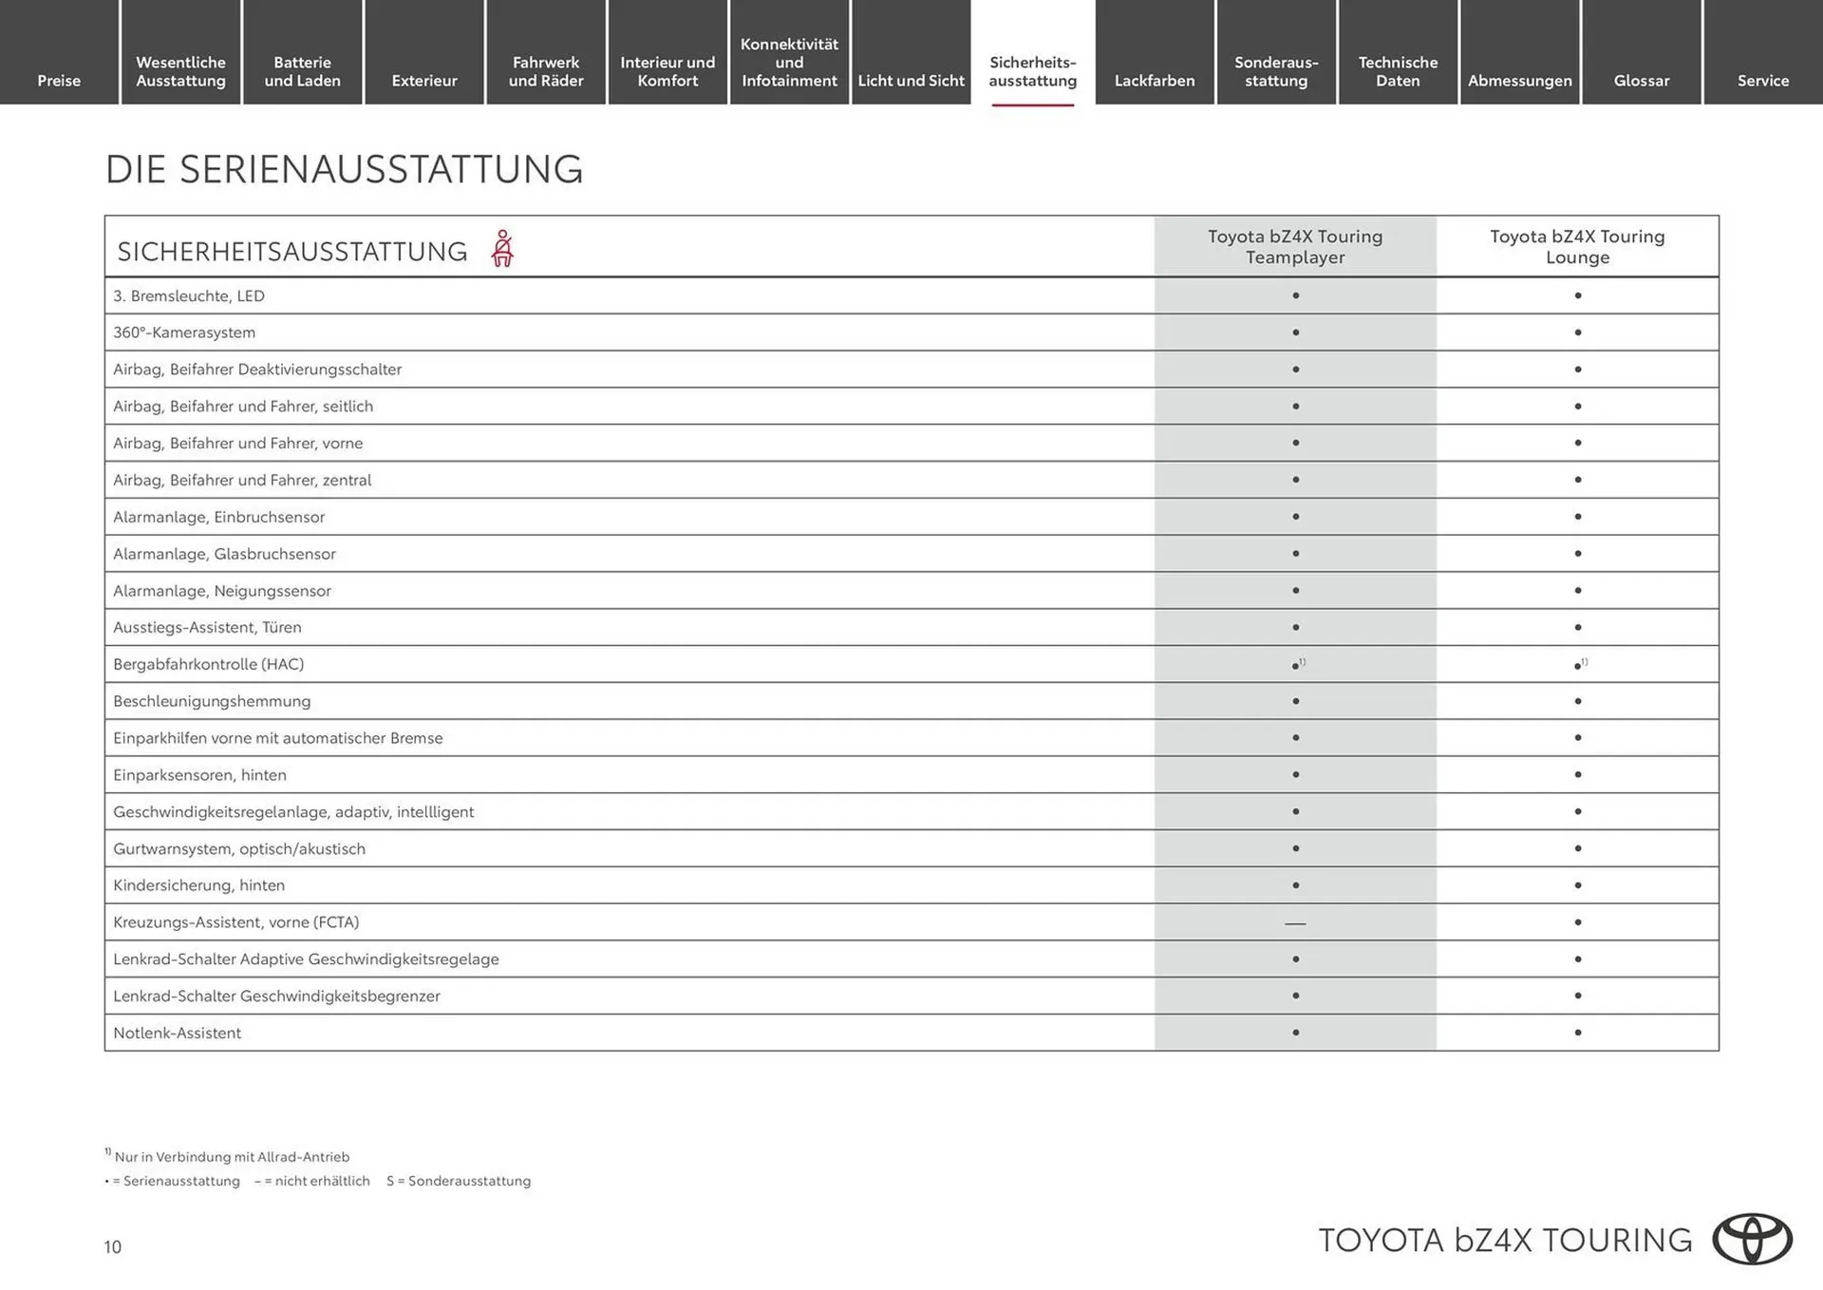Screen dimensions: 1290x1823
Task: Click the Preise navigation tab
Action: coord(59,81)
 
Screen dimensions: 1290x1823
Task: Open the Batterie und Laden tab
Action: coord(302,71)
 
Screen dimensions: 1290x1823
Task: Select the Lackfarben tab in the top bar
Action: coord(1154,81)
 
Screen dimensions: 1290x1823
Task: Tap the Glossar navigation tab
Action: coord(1641,81)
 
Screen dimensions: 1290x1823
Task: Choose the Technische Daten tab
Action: coord(1398,71)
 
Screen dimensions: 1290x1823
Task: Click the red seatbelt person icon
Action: coord(502,249)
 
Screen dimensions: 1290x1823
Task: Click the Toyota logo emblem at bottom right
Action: coord(1752,1239)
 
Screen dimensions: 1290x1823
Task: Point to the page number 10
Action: coord(113,1247)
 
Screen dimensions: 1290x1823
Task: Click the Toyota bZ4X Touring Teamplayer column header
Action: coord(1294,247)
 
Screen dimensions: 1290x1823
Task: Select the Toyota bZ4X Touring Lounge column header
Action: coord(1576,247)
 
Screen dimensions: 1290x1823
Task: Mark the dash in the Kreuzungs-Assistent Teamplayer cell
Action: coord(1295,923)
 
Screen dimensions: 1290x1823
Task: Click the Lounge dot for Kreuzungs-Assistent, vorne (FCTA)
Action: coord(1577,922)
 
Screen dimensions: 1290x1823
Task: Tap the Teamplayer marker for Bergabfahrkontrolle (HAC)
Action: coord(1296,665)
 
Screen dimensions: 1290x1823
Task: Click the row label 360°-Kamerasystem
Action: coord(184,332)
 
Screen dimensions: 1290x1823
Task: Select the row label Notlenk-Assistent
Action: coord(177,1033)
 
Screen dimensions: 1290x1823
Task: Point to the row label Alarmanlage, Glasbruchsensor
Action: coord(224,554)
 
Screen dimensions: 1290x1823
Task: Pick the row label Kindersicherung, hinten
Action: coord(198,885)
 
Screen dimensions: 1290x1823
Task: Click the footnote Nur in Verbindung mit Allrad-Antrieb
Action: coord(231,1157)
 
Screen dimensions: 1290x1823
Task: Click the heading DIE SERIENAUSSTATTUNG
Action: coord(344,169)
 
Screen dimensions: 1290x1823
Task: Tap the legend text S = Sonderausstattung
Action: coord(459,1181)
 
